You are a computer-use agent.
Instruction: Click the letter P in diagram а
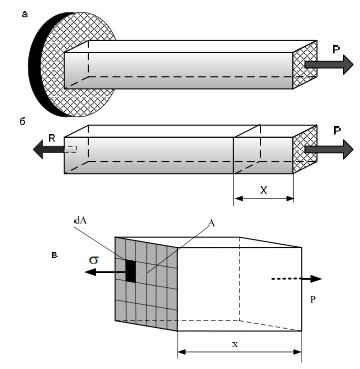pyautogui.click(x=337, y=49)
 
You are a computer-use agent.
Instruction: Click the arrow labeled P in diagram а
pyautogui.click(x=329, y=64)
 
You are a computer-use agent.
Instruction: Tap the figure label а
pyautogui.click(x=24, y=14)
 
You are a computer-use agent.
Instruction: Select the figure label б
pyautogui.click(x=23, y=121)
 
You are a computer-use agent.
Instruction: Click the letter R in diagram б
pyautogui.click(x=52, y=138)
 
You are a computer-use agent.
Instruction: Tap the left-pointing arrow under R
pyautogui.click(x=49, y=150)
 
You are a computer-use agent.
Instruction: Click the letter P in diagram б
pyautogui.click(x=337, y=131)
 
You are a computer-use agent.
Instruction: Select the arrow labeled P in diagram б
pyautogui.click(x=329, y=149)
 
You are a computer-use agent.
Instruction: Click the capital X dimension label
pyautogui.click(x=263, y=190)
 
